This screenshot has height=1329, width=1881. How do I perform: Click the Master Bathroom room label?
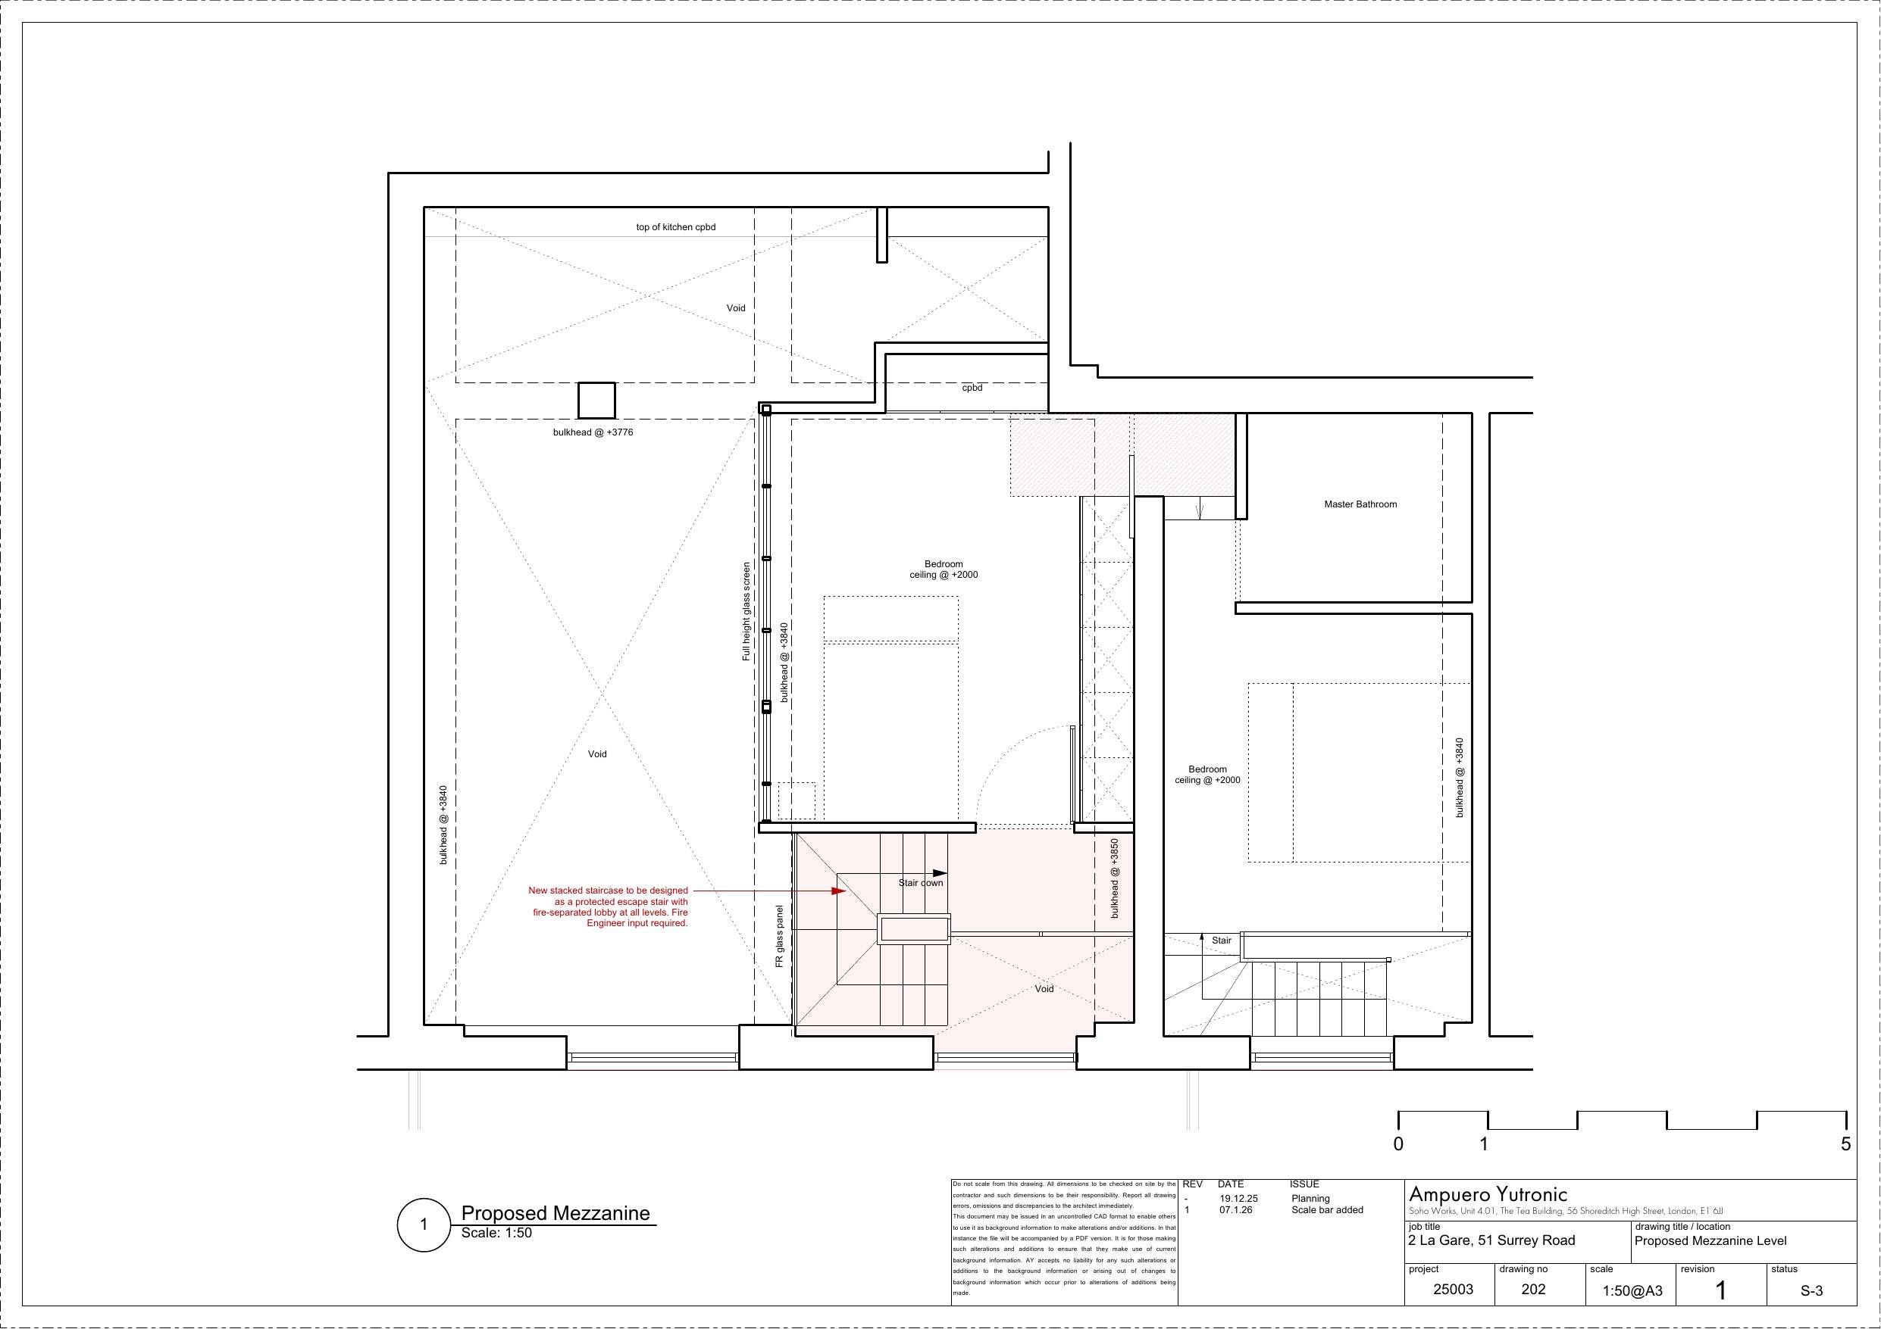pyautogui.click(x=1360, y=504)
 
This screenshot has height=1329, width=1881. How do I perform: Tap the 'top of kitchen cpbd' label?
pyautogui.click(x=676, y=227)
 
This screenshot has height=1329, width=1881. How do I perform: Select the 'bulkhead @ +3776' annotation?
pyautogui.click(x=593, y=432)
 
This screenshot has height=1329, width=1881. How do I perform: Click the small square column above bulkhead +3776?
pyautogui.click(x=596, y=401)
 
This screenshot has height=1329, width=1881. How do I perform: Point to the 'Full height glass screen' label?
pyautogui.click(x=746, y=612)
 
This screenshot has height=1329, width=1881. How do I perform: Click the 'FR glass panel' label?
pyautogui.click(x=779, y=936)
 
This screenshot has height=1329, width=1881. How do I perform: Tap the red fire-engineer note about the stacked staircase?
pyautogui.click(x=608, y=906)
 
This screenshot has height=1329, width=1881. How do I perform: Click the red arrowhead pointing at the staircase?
pyautogui.click(x=840, y=891)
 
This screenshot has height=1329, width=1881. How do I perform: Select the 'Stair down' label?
pyautogui.click(x=921, y=883)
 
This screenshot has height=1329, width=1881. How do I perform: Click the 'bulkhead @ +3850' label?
pyautogui.click(x=1114, y=878)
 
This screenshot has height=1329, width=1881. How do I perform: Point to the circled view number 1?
pyautogui.click(x=424, y=1225)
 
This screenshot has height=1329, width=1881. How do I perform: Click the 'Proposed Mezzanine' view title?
pyautogui.click(x=556, y=1212)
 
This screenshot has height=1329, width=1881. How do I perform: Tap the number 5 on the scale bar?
pyautogui.click(x=1846, y=1144)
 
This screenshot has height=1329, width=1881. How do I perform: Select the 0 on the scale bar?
pyautogui.click(x=1398, y=1144)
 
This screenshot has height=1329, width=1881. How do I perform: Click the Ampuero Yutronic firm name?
pyautogui.click(x=1488, y=1195)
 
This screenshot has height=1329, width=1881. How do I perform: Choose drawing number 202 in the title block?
pyautogui.click(x=1533, y=1289)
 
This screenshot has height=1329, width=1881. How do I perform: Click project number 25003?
pyautogui.click(x=1453, y=1289)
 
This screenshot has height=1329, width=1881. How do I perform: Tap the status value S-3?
pyautogui.click(x=1811, y=1290)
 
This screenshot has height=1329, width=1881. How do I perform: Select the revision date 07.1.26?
pyautogui.click(x=1235, y=1209)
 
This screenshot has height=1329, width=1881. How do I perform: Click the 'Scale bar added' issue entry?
pyautogui.click(x=1327, y=1209)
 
